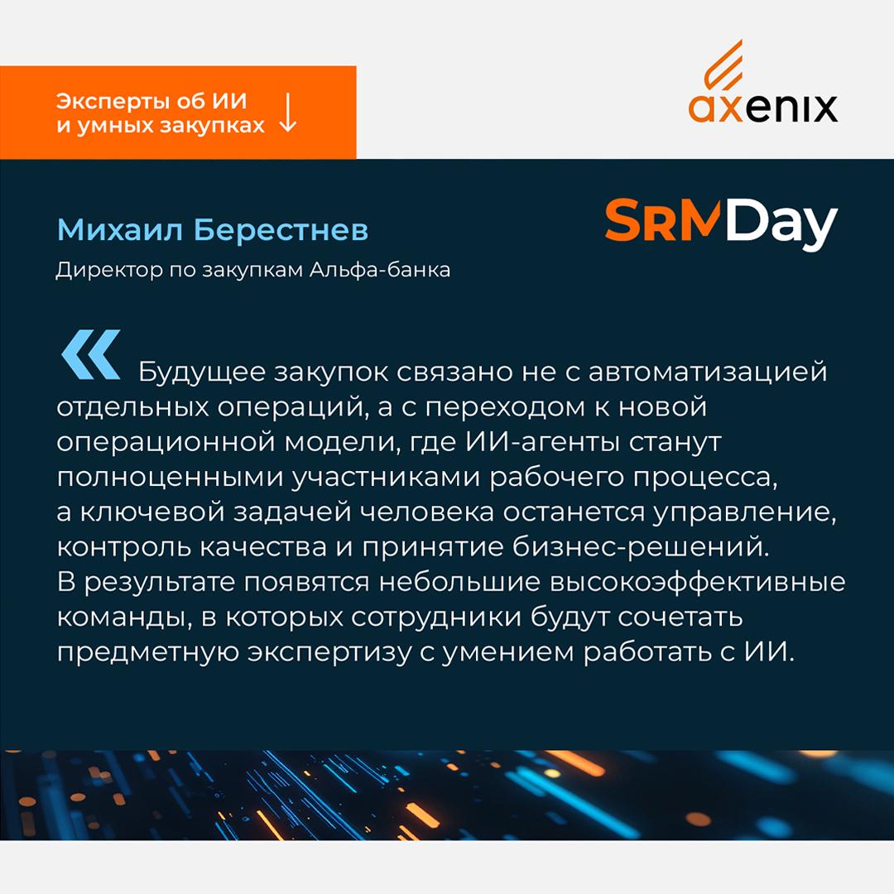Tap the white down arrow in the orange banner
[x=288, y=113]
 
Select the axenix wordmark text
[x=763, y=108]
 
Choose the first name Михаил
[x=120, y=230]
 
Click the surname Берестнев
[x=281, y=230]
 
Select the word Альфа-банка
[x=380, y=269]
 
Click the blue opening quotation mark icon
[x=91, y=354]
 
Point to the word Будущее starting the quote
[x=202, y=372]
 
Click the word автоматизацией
[x=708, y=372]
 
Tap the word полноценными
[x=171, y=478]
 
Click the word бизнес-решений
[x=641, y=547]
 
